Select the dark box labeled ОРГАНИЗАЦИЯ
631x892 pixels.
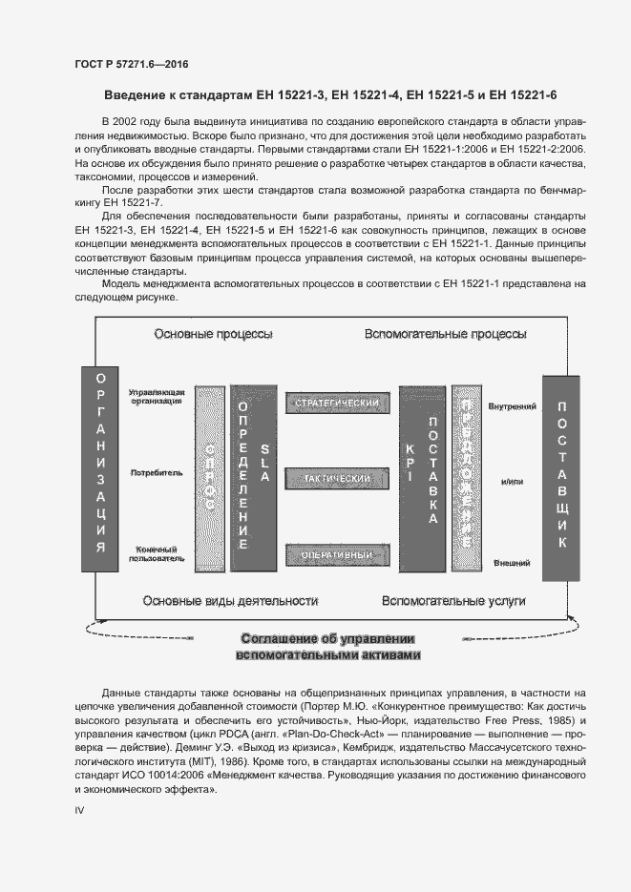(x=100, y=473)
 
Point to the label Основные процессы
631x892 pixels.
(x=214, y=335)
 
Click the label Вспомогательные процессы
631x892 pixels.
(x=444, y=335)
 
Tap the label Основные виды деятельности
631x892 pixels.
(x=229, y=601)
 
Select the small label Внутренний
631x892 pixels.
(x=510, y=407)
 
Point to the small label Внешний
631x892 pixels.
(x=511, y=564)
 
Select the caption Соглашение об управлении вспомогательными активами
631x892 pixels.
(x=327, y=647)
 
